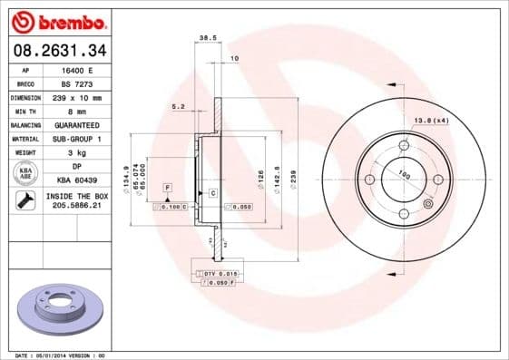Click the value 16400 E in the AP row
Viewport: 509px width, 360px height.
coord(83,69)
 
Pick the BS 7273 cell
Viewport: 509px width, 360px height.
coord(83,83)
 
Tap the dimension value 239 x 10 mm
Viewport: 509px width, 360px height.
coord(83,97)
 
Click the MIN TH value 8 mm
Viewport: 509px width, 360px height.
coord(83,111)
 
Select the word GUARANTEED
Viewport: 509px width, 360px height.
coord(83,124)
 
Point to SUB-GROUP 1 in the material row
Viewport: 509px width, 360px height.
coord(83,139)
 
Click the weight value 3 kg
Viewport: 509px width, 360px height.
coord(83,152)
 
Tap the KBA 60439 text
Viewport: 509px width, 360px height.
coord(83,180)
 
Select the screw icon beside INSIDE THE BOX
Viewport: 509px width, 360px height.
coord(24,200)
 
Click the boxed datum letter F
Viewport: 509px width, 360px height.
coord(167,187)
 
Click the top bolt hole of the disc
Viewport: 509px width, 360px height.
coord(404,145)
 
